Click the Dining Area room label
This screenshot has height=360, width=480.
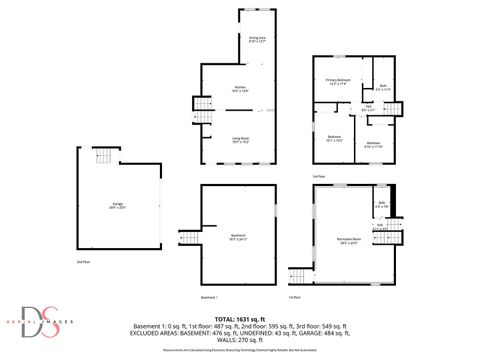[256, 41]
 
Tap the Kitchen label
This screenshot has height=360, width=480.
[240, 88]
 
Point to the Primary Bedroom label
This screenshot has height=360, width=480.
[338, 82]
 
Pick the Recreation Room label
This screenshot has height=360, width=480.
[349, 240]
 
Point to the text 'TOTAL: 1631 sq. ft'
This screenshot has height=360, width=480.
[240, 317]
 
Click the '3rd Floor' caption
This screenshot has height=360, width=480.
[319, 176]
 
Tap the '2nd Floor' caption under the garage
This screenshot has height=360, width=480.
[83, 262]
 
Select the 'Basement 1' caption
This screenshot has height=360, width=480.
[209, 297]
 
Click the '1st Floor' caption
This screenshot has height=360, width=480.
[294, 297]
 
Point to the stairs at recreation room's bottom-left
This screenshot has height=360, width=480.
[297, 275]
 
